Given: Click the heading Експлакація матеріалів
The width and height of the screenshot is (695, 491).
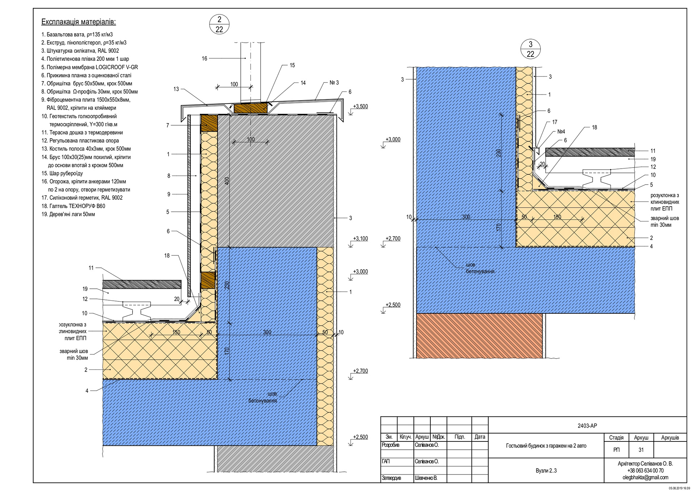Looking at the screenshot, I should click(x=79, y=22).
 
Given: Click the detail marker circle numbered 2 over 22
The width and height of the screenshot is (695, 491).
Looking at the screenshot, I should click(x=219, y=25).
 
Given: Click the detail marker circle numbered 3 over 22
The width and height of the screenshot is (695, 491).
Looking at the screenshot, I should click(x=530, y=49).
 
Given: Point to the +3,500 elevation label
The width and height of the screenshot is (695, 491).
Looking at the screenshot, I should click(x=360, y=107).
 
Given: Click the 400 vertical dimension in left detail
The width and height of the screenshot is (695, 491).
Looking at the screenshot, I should click(x=227, y=181).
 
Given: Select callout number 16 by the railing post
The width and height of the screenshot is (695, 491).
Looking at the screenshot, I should click(x=205, y=59).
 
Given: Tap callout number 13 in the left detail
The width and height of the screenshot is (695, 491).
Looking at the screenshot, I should click(x=176, y=89).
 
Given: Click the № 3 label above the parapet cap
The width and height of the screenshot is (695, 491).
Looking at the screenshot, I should click(x=334, y=83).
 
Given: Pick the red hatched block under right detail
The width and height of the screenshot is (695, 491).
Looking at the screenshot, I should click(x=479, y=336).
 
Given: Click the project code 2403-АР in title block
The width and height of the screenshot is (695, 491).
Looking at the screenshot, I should click(x=587, y=426).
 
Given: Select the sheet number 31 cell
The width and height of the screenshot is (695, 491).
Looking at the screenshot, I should click(x=641, y=450).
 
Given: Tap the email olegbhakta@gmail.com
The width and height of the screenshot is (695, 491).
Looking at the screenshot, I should click(x=645, y=478).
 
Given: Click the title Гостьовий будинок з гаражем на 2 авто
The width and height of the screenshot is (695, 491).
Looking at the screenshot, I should click(x=546, y=446).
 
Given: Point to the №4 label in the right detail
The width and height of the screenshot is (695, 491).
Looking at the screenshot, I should click(x=561, y=132).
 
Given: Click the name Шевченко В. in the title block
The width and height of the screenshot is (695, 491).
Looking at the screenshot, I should click(x=426, y=478).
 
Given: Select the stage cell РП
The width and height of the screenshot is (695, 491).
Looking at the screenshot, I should click(x=616, y=450).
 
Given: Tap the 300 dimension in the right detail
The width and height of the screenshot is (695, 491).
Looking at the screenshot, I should click(x=466, y=217).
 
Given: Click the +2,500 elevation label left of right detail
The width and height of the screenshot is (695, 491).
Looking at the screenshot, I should click(x=393, y=305).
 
